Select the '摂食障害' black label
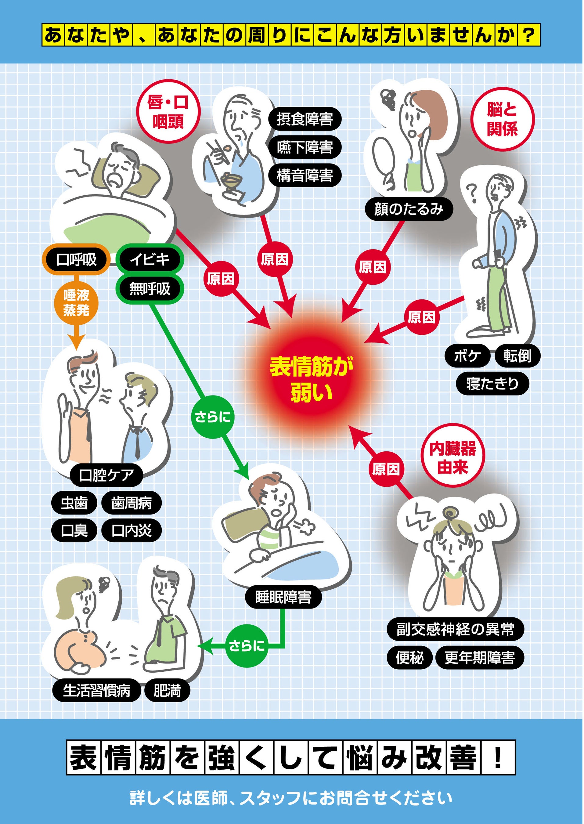click(x=305, y=119)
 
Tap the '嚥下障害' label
click(x=305, y=147)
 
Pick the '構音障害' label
click(x=305, y=175)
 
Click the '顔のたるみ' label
click(x=409, y=209)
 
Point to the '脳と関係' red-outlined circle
click(x=502, y=119)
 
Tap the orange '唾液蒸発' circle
click(x=76, y=303)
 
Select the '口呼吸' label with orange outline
click(x=76, y=259)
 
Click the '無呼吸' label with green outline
click(x=150, y=289)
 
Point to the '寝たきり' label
click(x=492, y=384)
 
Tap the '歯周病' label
click(x=131, y=503)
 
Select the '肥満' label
click(x=167, y=690)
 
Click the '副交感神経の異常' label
click(x=455, y=629)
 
